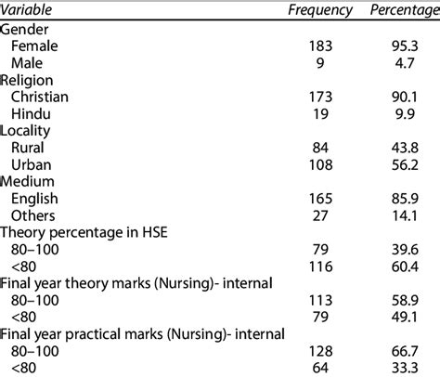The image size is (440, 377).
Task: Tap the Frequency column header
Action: [x=318, y=11]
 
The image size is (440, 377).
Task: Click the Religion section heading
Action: [x=31, y=81]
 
